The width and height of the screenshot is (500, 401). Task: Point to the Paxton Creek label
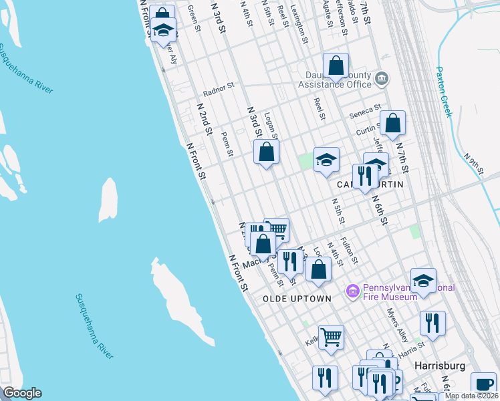[x=444, y=91]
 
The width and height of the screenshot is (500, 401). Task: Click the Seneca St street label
[x=366, y=110]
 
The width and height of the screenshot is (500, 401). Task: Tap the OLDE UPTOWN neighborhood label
[x=297, y=298]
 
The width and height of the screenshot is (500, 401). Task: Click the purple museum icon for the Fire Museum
[x=352, y=291]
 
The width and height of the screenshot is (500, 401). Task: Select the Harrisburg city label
[x=439, y=366]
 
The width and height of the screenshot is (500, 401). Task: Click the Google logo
[x=21, y=393]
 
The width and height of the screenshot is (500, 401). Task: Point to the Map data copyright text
[x=471, y=396]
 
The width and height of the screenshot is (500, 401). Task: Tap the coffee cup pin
[x=483, y=384]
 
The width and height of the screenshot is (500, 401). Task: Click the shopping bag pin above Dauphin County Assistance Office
[x=336, y=66]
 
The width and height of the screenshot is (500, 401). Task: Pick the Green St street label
[x=194, y=18]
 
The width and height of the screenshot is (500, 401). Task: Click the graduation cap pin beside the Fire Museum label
[x=423, y=281]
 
